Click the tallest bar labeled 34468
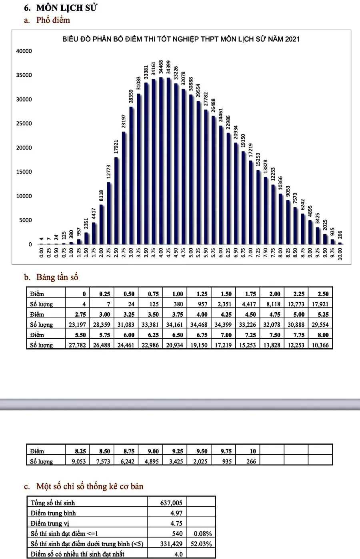161,161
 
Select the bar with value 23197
124,188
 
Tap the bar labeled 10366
280,219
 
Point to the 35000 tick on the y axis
24,75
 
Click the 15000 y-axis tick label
24,172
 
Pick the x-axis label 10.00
340,254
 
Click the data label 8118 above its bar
101,196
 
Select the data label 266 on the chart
340,235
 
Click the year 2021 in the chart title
292,39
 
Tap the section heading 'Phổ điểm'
53,20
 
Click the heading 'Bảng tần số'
57,277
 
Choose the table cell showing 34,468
199,325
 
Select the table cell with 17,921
320,304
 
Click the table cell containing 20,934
175,345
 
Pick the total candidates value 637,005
171,503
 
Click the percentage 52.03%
201,544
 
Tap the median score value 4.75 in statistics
176,523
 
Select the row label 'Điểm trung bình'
53,513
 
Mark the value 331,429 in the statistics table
171,544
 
